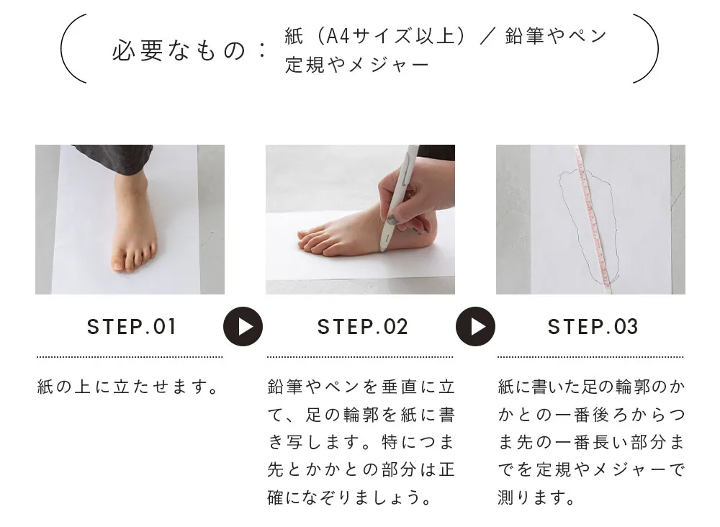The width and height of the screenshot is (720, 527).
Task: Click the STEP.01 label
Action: click(131, 328)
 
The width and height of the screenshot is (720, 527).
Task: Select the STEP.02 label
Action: click(362, 328)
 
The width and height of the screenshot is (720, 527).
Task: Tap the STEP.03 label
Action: click(593, 328)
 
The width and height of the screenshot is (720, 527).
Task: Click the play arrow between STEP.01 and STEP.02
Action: click(243, 326)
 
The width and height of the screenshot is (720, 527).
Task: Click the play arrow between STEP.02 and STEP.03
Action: click(475, 326)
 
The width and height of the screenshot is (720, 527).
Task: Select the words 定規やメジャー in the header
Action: click(357, 65)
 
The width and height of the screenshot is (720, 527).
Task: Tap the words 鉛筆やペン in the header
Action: click(556, 35)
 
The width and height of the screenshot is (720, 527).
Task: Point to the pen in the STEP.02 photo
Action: click(397, 198)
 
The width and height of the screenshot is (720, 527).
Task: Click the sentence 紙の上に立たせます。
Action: click(128, 387)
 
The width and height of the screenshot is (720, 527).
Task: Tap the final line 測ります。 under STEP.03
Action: click(536, 497)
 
